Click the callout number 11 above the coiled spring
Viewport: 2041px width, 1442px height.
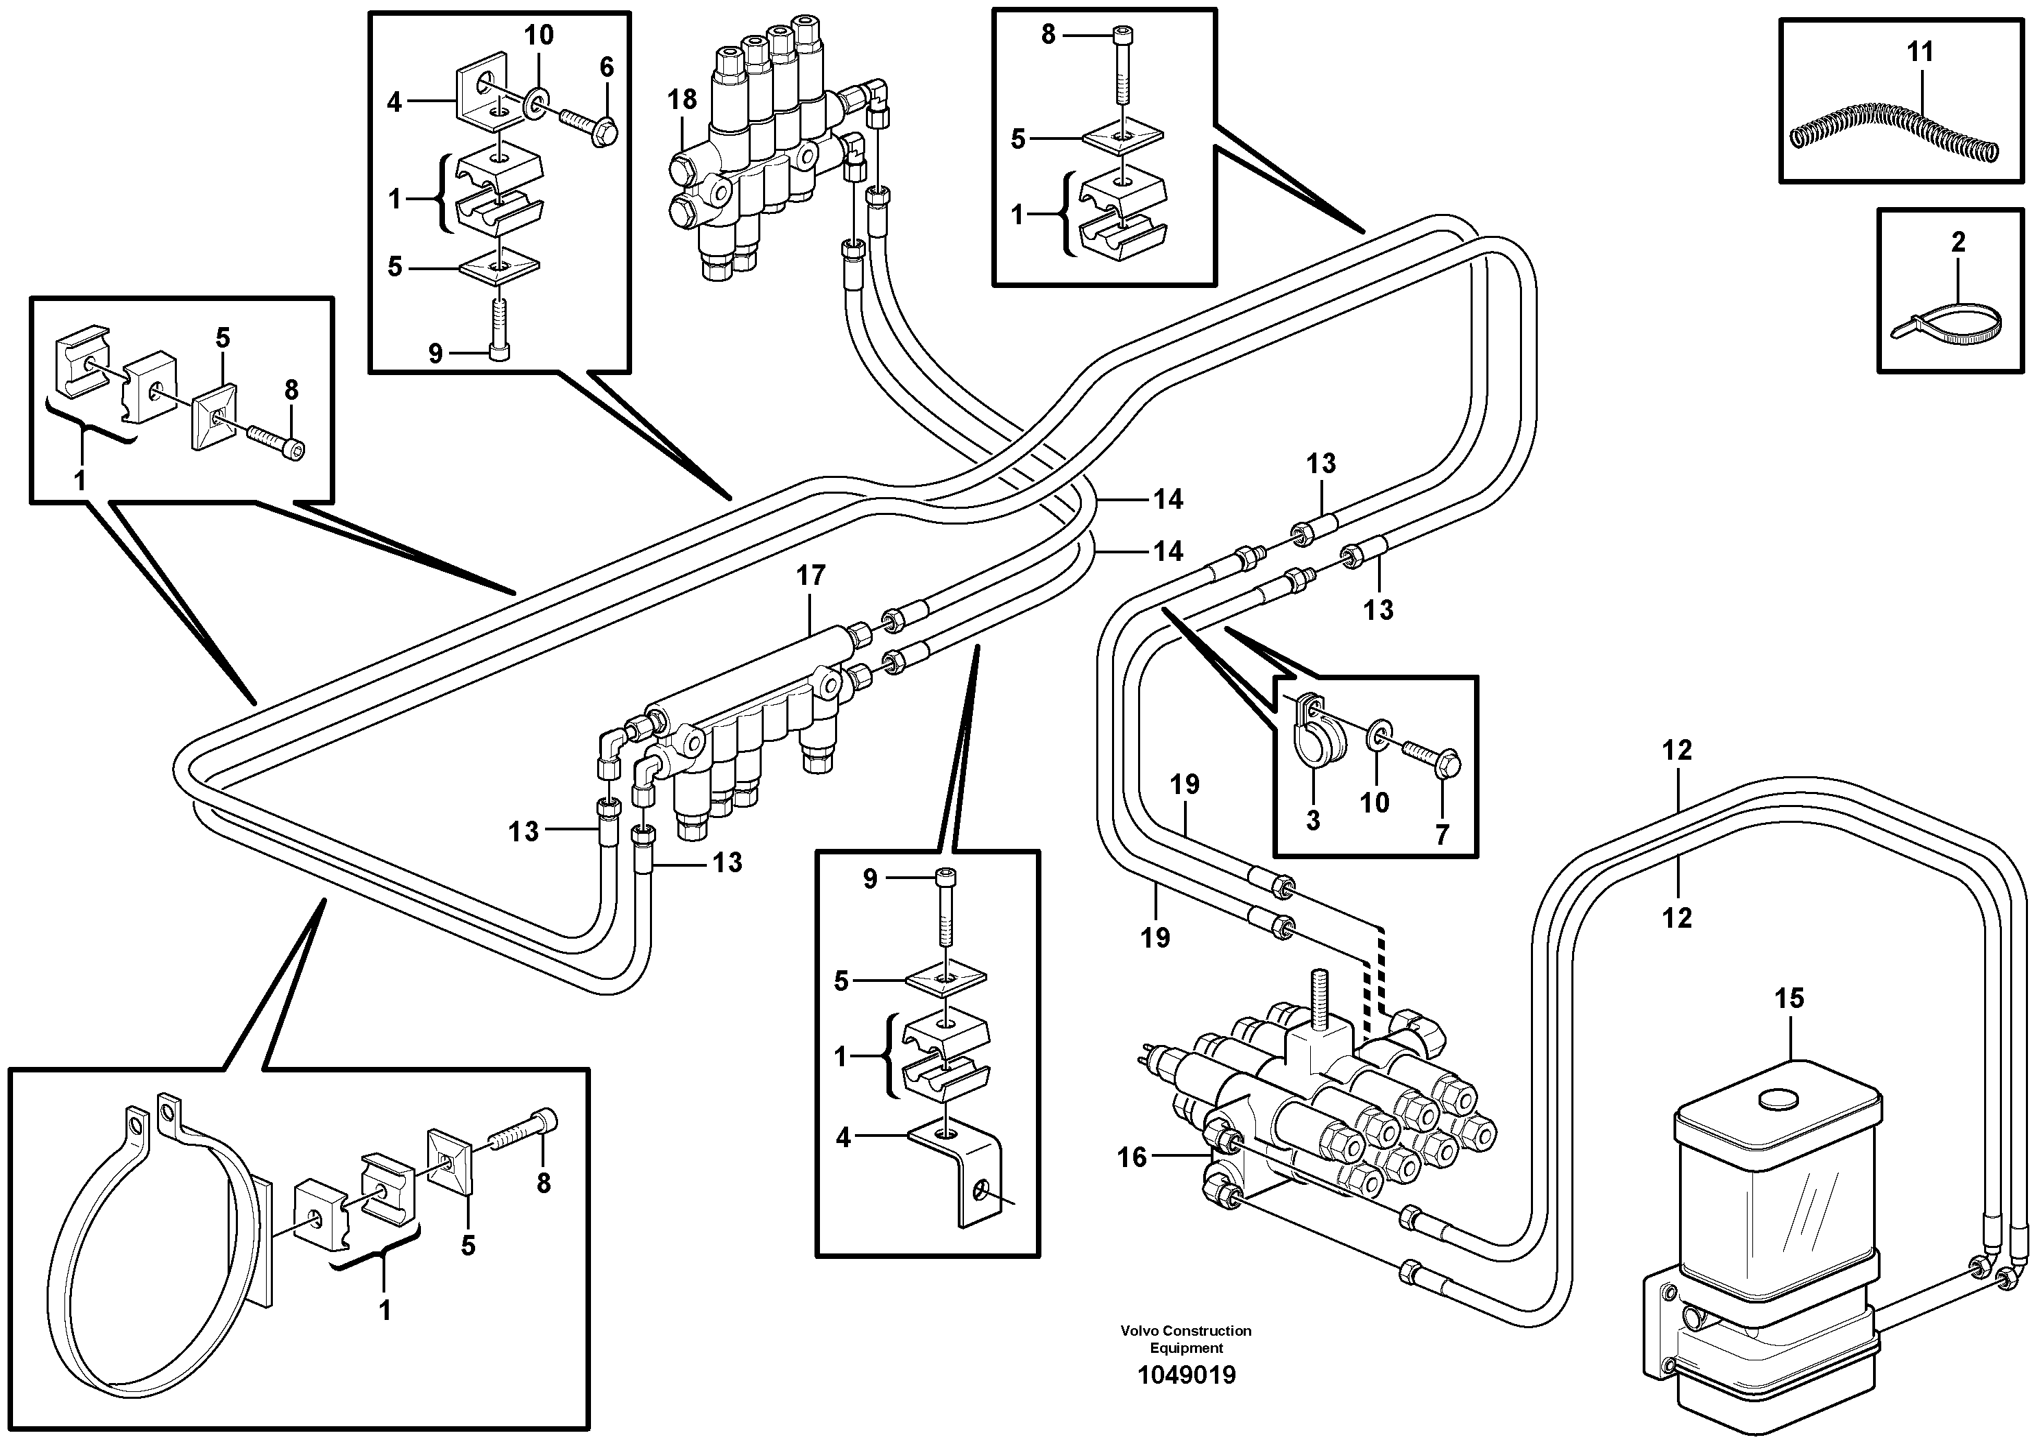click(1920, 52)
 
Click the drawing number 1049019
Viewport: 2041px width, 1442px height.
click(1187, 1375)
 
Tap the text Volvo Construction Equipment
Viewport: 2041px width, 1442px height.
click(1186, 1339)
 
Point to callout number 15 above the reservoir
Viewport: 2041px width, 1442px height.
click(1789, 998)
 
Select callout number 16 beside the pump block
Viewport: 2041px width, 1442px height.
click(1132, 1157)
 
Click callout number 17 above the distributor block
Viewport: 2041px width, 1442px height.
click(811, 576)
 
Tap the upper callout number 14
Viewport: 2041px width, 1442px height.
click(1168, 500)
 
